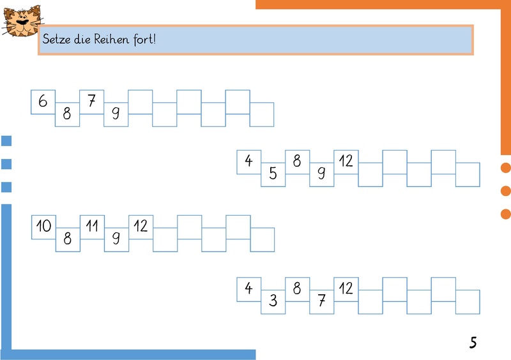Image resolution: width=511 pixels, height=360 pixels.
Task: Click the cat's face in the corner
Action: (22, 20)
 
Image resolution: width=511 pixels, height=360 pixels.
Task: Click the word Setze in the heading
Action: (57, 39)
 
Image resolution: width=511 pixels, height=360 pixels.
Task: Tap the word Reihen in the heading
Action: (111, 39)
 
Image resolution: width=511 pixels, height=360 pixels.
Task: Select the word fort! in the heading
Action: (144, 39)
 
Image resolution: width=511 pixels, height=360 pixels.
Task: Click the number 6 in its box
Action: (43, 101)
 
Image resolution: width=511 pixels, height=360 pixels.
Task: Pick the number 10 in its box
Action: (43, 225)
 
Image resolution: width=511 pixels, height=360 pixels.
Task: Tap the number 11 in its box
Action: (92, 225)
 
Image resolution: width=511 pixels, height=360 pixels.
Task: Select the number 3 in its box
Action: (273, 301)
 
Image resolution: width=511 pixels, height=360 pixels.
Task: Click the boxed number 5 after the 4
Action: (273, 174)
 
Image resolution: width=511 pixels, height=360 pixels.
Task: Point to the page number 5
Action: (473, 342)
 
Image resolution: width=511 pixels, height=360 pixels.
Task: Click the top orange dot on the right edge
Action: (506, 168)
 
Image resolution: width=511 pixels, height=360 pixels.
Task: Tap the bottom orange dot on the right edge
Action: (506, 214)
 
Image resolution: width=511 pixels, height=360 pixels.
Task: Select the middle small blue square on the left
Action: (6, 164)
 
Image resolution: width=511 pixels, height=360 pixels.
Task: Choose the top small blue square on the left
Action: (6, 140)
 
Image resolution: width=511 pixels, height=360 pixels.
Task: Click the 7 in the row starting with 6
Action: (91, 101)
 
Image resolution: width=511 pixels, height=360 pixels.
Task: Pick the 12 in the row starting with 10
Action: (141, 225)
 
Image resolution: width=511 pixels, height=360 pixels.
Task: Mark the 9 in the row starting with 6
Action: (116, 113)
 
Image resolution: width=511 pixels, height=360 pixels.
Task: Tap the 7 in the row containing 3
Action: (322, 301)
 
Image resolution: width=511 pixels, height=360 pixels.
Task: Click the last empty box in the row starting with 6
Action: (262, 114)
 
